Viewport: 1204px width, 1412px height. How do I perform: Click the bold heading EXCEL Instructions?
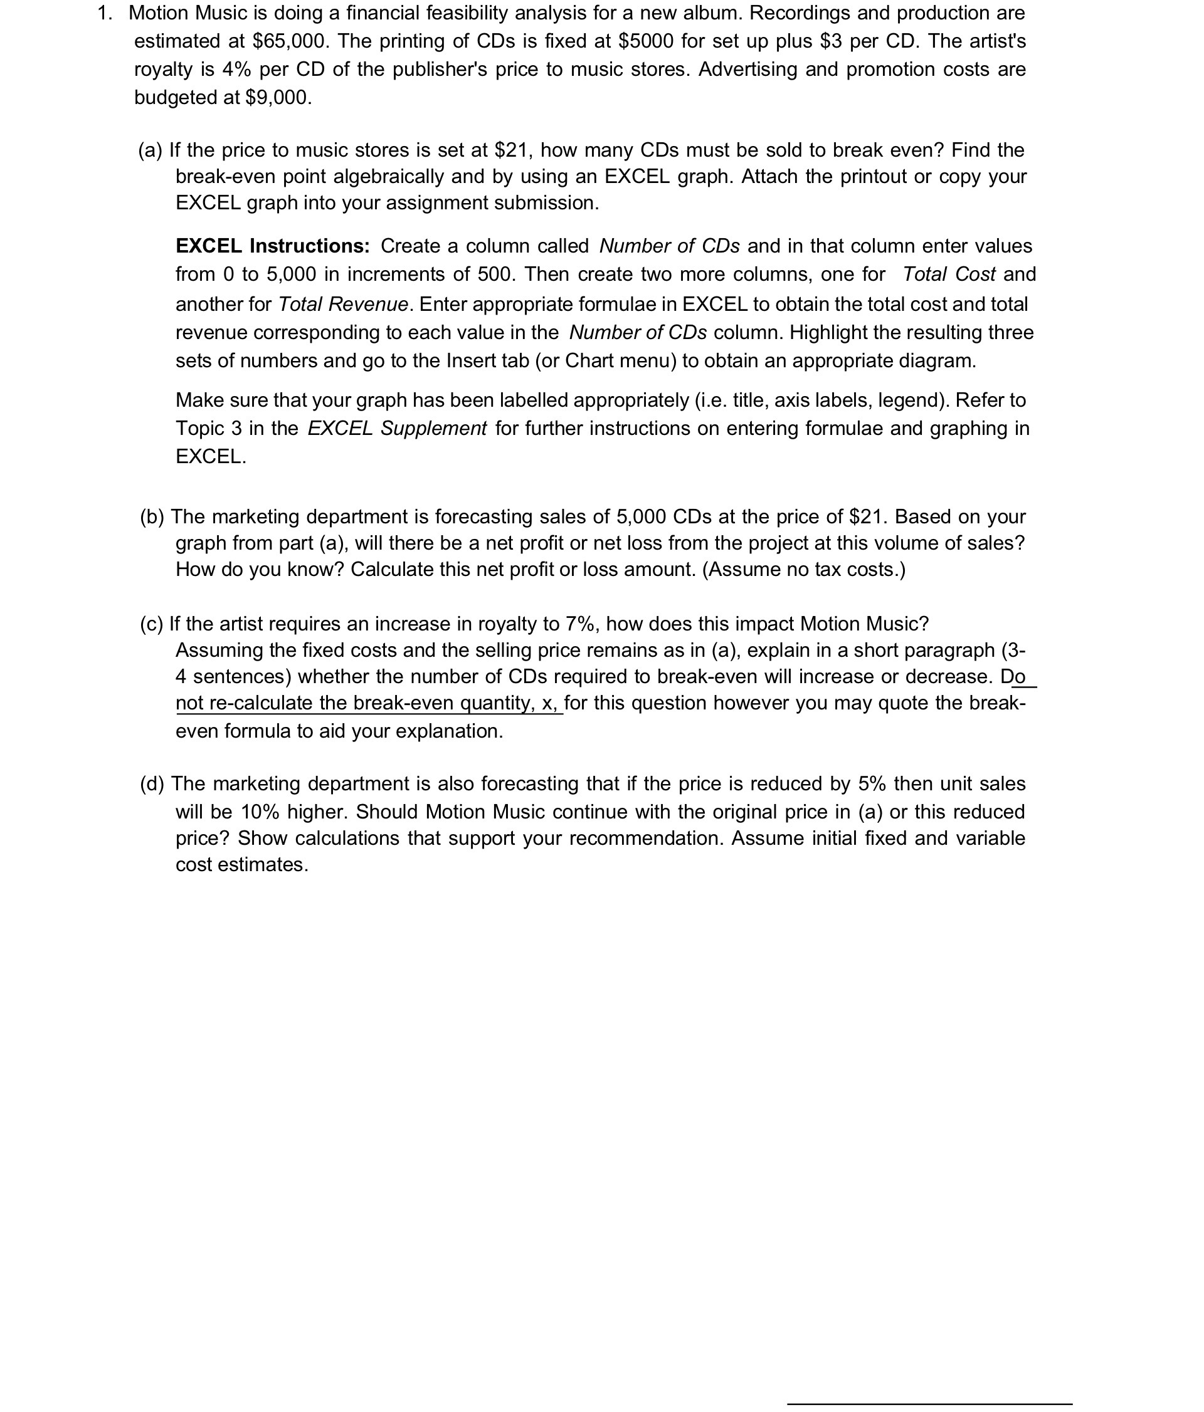point(273,246)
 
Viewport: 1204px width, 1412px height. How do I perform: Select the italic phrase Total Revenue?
point(343,304)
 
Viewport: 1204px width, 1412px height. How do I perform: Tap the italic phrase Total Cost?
point(948,275)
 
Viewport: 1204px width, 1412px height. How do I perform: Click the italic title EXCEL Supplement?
point(397,429)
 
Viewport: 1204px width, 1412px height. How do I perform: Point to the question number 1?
point(104,14)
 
